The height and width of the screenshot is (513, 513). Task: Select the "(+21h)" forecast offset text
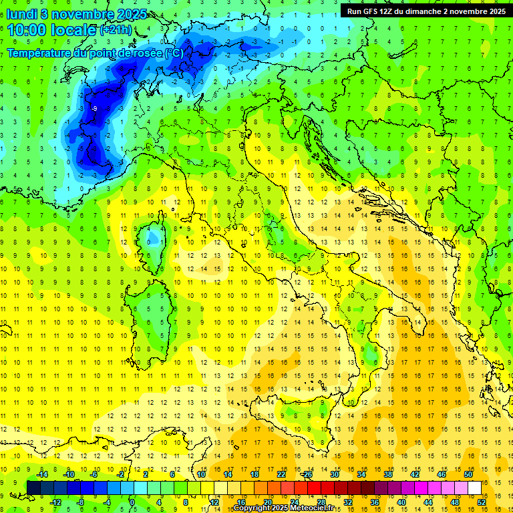click(x=115, y=31)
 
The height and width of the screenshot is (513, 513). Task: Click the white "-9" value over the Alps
click(x=94, y=108)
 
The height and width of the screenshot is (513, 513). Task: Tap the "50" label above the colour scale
click(x=468, y=474)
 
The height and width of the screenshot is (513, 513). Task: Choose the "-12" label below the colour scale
click(x=55, y=502)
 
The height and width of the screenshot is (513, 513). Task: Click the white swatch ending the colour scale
click(x=475, y=488)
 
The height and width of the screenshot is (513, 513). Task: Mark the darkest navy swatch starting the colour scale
click(x=34, y=488)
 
